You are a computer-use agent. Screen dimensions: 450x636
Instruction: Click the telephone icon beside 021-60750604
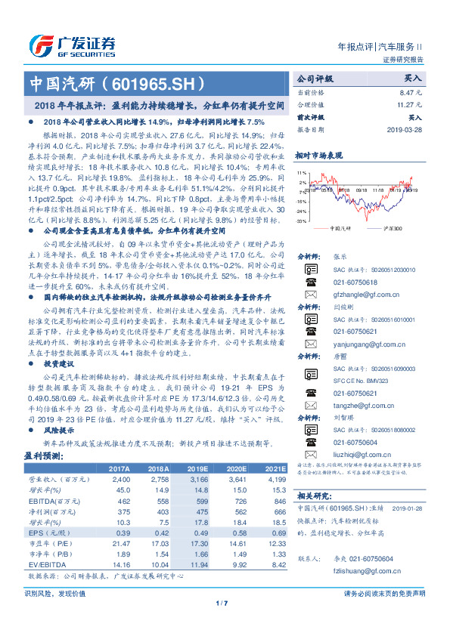[312, 443]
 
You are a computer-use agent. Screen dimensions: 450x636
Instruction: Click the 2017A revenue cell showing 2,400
[120, 458]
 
